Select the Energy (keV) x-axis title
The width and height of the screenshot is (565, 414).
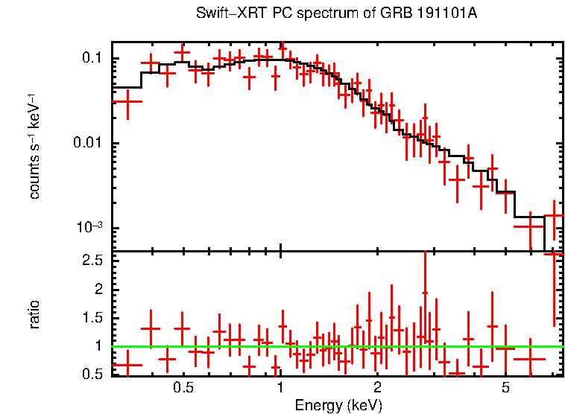338,405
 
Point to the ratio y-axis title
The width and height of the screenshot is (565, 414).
34,313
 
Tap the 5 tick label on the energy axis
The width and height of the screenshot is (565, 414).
505,388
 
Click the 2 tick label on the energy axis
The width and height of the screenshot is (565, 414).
377,388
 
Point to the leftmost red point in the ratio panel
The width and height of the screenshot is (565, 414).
128,365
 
